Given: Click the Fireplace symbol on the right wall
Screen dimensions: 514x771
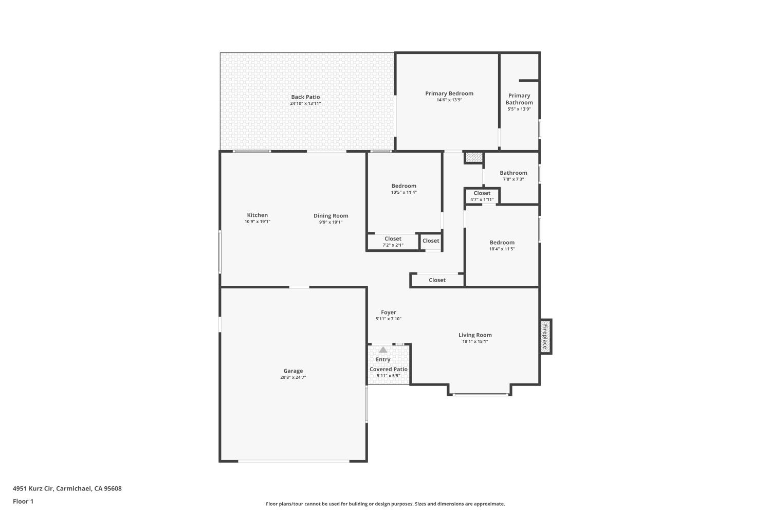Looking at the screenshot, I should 545,337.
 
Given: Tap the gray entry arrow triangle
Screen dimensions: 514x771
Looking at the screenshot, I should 383,350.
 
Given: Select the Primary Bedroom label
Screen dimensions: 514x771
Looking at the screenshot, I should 449,94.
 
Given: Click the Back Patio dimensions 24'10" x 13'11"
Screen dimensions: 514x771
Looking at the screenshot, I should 305,104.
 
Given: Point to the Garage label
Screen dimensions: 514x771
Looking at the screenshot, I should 293,371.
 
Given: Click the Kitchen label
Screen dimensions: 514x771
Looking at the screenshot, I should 257,215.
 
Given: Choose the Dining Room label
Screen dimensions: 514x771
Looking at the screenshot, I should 331,216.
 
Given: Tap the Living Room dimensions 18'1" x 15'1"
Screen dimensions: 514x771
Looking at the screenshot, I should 475,341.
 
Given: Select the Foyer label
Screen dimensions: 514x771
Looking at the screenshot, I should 388,313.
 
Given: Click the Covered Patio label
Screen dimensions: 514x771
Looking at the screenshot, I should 389,369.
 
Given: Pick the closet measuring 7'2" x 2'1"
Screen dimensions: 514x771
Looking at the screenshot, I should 393,242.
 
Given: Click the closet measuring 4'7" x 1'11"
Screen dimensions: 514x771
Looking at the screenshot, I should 482,196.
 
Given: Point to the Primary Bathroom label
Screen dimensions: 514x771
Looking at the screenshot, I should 519,99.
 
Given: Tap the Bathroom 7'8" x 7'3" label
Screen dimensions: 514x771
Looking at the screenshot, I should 513,173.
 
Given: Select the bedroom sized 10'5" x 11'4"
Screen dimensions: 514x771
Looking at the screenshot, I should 403,189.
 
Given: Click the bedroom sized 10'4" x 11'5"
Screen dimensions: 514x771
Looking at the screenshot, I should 502,245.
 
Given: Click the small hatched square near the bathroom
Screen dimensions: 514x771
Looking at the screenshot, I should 473,157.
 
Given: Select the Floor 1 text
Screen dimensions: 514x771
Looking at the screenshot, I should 23,501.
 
